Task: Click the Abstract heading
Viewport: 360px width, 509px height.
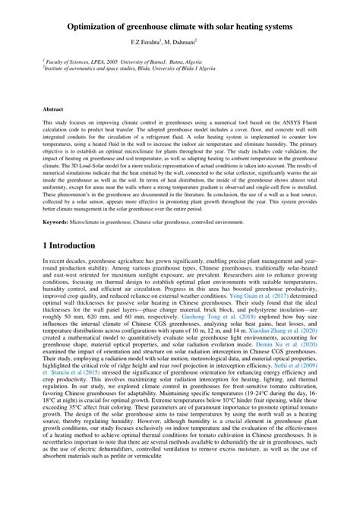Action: coord(53,109)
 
